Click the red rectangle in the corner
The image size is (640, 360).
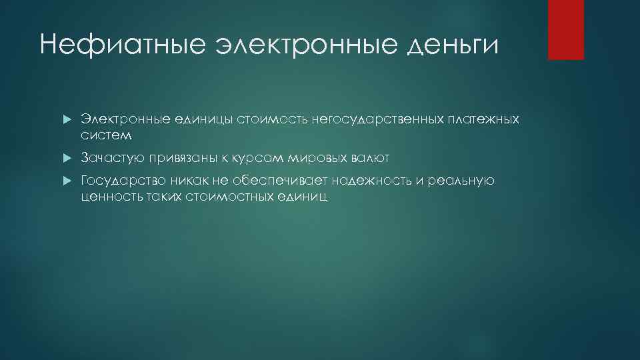tap(565, 29)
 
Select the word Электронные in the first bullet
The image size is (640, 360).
tap(121, 119)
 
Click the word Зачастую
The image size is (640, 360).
tap(109, 159)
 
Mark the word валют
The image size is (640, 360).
tap(369, 159)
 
